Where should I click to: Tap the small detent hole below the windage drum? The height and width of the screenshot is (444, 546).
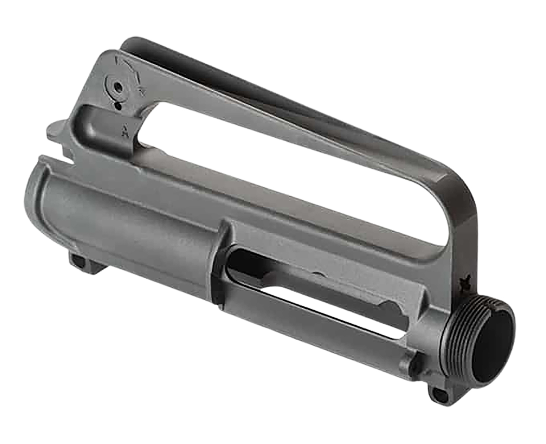[x=118, y=106]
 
